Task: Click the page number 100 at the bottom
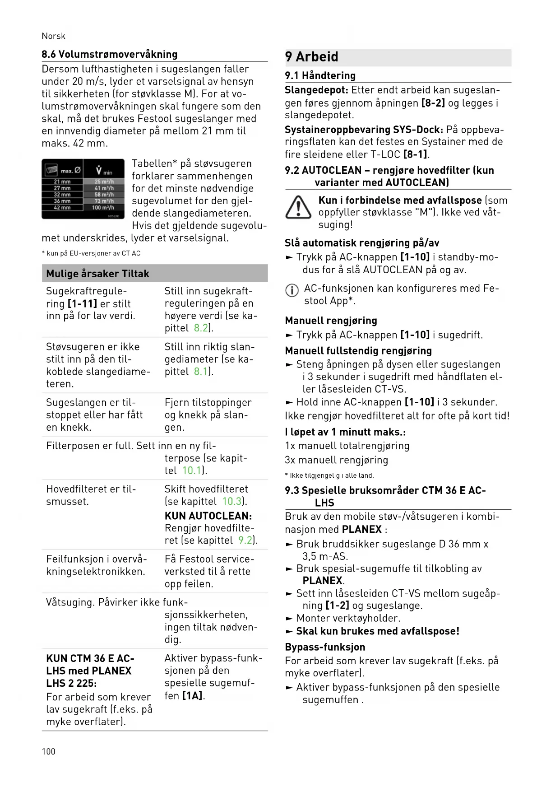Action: [x=48, y=751]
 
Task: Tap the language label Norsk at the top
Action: [x=53, y=36]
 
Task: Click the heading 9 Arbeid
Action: [x=311, y=57]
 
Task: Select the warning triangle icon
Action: [x=298, y=208]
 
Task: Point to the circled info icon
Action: [x=292, y=290]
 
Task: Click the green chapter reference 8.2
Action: [x=201, y=328]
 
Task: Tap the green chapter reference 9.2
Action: [x=245, y=540]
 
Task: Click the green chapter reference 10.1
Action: [x=192, y=471]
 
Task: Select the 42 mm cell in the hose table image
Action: [x=62, y=208]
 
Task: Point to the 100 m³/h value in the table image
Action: [x=103, y=208]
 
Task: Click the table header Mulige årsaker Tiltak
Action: [x=97, y=274]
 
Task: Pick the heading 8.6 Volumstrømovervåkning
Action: [x=109, y=54]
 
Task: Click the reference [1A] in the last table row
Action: [x=192, y=696]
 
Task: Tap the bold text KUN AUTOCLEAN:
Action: [x=208, y=516]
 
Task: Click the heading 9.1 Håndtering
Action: [x=320, y=75]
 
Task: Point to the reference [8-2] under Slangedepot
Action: [x=433, y=103]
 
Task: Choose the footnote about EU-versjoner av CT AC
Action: [x=91, y=253]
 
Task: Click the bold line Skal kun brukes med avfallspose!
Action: [x=377, y=631]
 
